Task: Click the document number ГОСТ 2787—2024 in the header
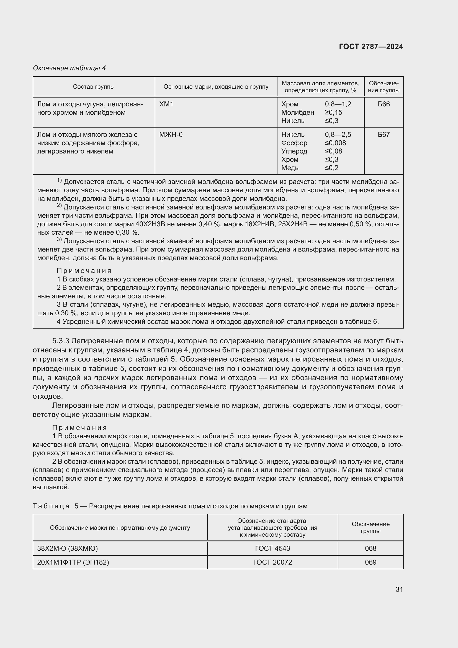point(371,47)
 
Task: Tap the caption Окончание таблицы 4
point(70,68)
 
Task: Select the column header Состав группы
point(94,87)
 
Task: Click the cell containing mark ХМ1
point(166,104)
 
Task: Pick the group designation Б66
point(384,104)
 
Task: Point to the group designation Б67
point(384,135)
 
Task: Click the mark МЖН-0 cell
point(171,135)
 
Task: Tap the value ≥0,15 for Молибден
point(333,112)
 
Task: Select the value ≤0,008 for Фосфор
point(335,143)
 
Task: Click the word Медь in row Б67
point(290,168)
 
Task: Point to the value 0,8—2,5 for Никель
point(338,135)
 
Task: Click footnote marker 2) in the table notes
point(59,206)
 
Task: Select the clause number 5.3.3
point(61,341)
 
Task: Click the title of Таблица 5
point(170,506)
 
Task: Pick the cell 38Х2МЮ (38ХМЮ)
point(67,548)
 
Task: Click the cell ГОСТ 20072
point(272,562)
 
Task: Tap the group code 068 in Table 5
point(370,548)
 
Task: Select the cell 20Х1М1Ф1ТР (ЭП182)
point(73,562)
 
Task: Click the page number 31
point(399,589)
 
